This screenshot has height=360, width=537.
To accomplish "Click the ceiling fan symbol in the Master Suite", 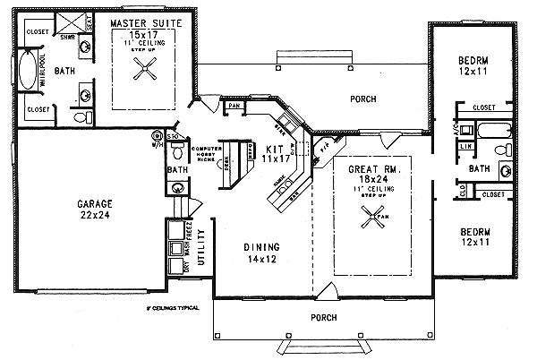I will point(147,69).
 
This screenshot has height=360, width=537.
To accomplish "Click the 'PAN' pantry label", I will point(234,105).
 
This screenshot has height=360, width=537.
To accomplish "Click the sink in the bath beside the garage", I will point(177,187).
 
